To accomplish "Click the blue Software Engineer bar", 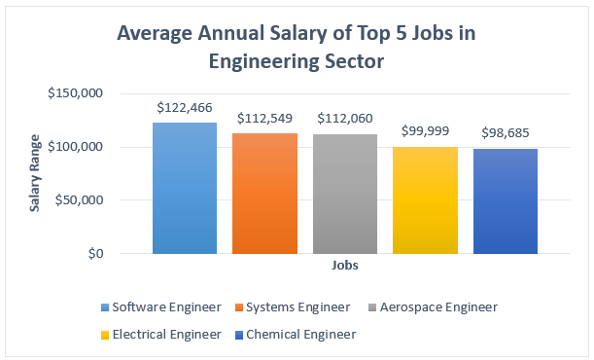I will click(x=185, y=188).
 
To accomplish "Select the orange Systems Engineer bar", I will click(x=265, y=193).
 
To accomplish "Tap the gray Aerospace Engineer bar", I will click(x=345, y=194).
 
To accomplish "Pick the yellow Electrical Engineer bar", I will click(x=426, y=199).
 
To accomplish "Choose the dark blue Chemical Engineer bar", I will click(x=506, y=200).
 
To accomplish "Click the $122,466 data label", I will click(x=185, y=107).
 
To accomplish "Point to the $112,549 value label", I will click(x=265, y=119).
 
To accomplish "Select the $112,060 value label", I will click(x=345, y=119).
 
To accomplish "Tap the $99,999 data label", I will click(x=426, y=131).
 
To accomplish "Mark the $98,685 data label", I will click(x=506, y=132).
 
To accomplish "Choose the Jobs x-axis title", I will click(x=344, y=265).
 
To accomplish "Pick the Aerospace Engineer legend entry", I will click(x=434, y=307).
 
